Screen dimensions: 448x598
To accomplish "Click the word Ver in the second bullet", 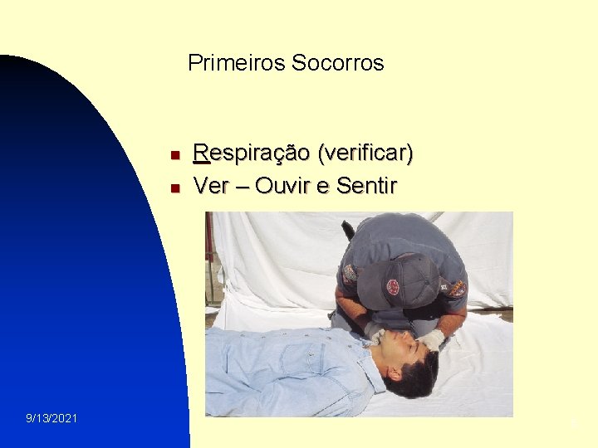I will (211, 186).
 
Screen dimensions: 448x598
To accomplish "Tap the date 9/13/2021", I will (51, 418).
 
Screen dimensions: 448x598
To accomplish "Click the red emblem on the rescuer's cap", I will (392, 287).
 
